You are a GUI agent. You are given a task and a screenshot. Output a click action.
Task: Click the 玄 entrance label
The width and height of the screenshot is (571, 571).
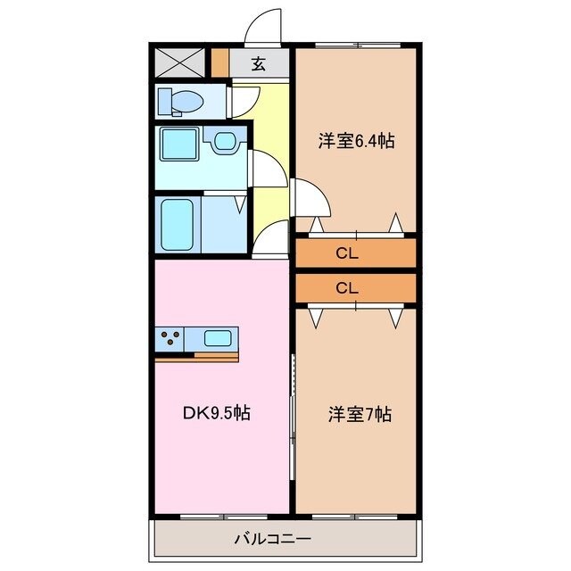point(259,63)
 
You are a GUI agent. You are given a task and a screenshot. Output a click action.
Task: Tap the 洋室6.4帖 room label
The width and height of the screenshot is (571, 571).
point(357,140)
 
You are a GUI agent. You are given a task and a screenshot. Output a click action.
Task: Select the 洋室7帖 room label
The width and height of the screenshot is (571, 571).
point(360,414)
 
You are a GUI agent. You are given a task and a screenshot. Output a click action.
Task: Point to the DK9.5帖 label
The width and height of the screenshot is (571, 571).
point(218,412)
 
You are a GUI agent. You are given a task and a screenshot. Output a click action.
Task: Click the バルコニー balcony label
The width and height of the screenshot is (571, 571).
point(272,539)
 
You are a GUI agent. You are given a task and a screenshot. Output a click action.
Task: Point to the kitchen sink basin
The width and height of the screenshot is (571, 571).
point(219,338)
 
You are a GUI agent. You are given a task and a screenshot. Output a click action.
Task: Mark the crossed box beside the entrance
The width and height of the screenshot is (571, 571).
point(175,62)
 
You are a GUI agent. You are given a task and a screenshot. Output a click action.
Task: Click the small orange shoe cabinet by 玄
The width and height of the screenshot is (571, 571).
point(220,63)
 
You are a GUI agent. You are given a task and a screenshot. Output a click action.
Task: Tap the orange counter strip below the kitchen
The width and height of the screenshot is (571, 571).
point(197,358)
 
